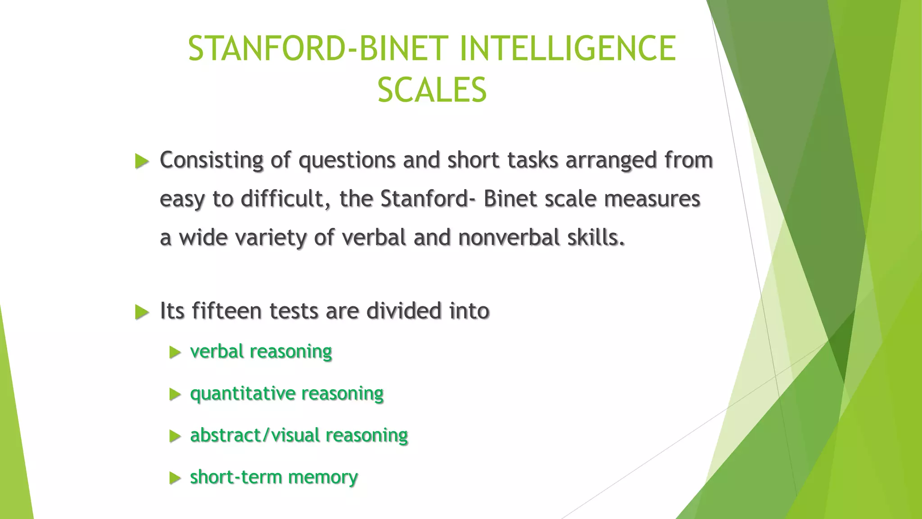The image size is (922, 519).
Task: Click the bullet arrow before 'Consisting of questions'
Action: (142, 161)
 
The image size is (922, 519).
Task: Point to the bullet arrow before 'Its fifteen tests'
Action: (142, 312)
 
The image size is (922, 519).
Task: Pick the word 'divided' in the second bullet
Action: (403, 311)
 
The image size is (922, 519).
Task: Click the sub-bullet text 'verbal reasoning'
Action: (261, 351)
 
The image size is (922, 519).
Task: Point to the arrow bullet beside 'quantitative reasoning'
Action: (175, 395)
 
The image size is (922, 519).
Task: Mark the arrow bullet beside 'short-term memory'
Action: (175, 478)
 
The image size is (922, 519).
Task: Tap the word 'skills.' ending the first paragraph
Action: (596, 237)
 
